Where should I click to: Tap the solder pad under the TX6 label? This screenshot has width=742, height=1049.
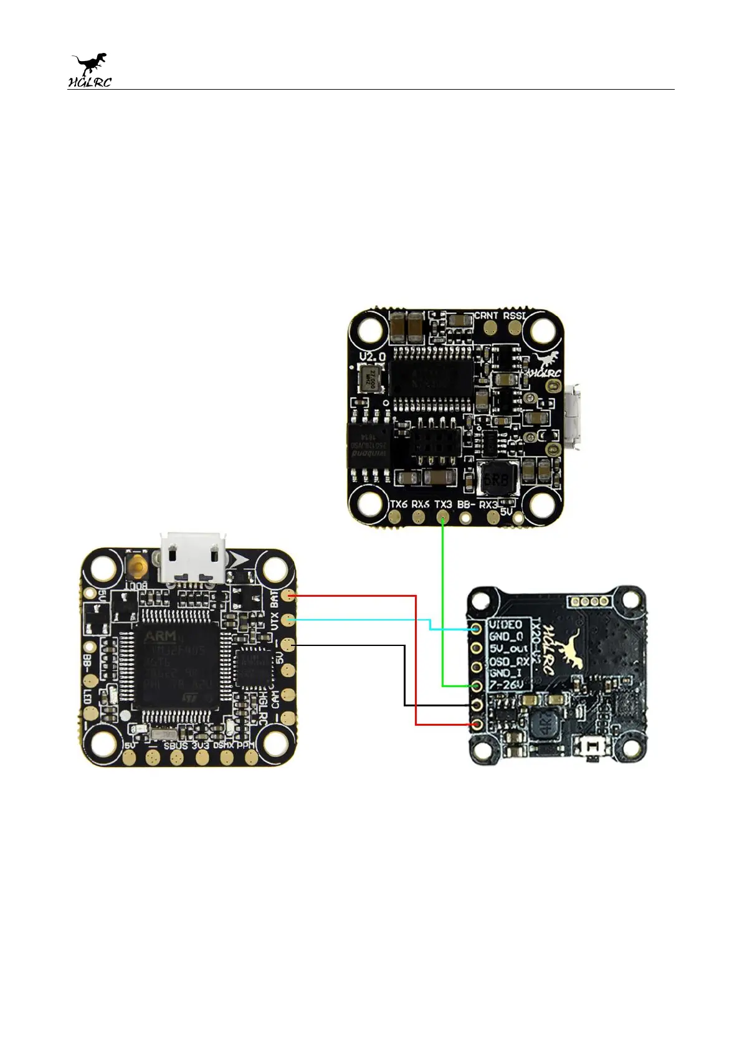coord(397,517)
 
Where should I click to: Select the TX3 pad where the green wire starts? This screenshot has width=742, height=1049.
coord(443,517)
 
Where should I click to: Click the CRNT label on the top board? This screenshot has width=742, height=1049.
coord(486,315)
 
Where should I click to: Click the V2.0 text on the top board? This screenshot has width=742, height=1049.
coord(373,357)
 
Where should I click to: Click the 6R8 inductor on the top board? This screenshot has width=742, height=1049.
coord(497,480)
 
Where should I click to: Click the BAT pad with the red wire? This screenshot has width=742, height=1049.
coord(287,596)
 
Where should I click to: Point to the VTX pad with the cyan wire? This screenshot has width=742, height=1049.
coord(287,620)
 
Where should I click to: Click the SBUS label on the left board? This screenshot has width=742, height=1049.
coord(176,746)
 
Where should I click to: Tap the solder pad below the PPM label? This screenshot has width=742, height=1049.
coord(251,757)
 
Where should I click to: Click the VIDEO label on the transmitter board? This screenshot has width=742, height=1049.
coord(505,625)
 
